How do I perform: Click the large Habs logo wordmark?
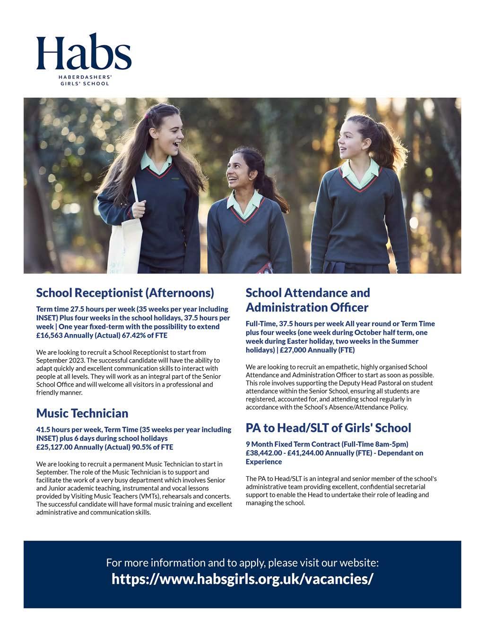click(84, 52)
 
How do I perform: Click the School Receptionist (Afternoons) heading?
click(125, 293)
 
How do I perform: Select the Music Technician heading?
click(82, 413)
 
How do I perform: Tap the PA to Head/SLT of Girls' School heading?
click(329, 428)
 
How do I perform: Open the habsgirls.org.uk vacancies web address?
click(243, 579)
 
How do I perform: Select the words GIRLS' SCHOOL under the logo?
click(84, 84)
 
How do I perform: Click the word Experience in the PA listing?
click(264, 462)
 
